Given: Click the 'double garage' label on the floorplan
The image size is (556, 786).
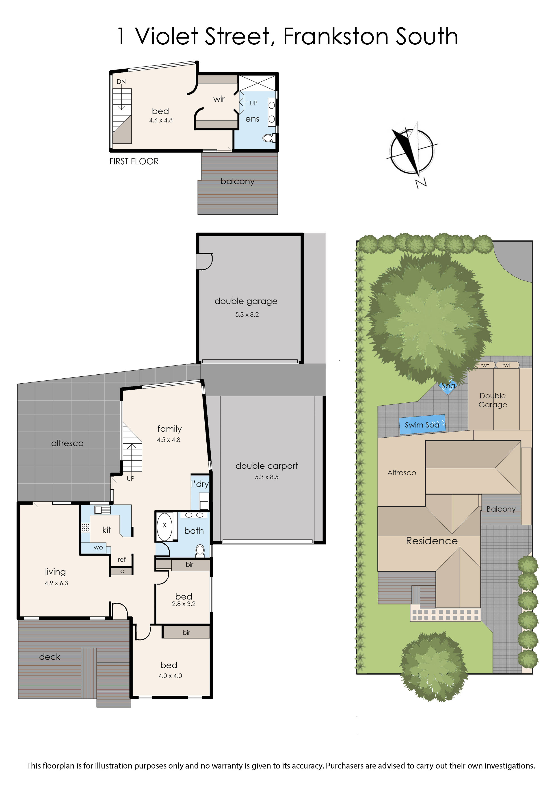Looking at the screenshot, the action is click(246, 301).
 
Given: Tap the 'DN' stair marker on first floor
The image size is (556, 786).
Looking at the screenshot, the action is click(121, 82).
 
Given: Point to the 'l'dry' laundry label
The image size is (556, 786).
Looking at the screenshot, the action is click(200, 484).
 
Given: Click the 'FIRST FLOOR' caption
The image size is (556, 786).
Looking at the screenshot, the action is click(134, 161).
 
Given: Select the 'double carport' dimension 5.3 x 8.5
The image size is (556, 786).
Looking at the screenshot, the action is click(267, 477).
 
